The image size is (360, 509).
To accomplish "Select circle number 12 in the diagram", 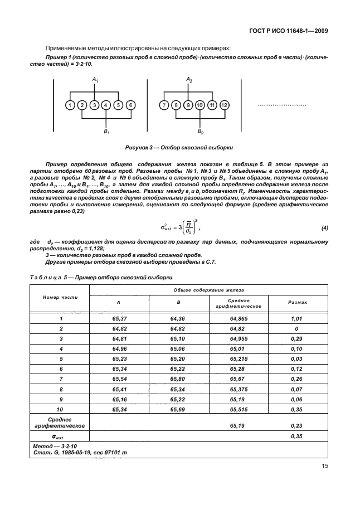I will click(224, 105).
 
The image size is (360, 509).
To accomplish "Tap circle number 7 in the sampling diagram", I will click(163, 105).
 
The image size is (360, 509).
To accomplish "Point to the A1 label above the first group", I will click(95, 80).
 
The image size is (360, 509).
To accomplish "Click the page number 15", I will click(324, 467).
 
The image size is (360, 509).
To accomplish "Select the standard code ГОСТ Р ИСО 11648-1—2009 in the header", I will click(286, 31).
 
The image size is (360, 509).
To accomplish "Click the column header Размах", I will click(297, 302).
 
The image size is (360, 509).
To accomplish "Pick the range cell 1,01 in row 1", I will click(296, 318).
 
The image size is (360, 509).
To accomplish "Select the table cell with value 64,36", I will click(177, 318).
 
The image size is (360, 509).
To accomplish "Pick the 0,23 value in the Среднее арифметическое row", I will click(296, 425).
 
